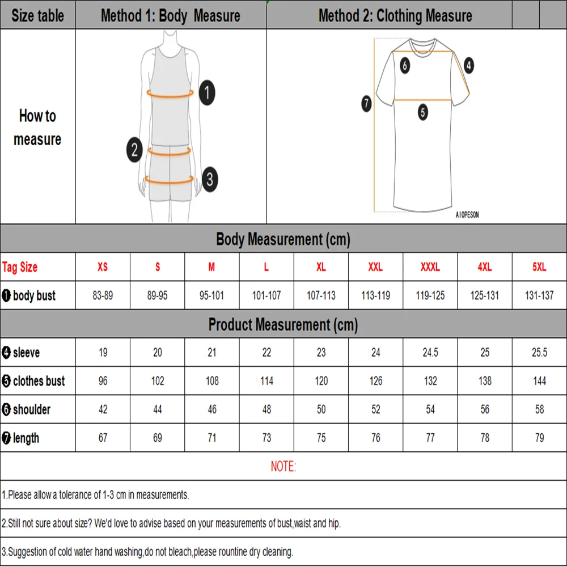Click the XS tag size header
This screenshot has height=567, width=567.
[103, 267]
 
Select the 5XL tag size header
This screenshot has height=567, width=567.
[539, 267]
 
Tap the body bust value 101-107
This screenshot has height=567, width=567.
[266, 295]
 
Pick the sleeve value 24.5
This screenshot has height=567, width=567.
[430, 353]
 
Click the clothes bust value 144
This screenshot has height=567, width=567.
[539, 381]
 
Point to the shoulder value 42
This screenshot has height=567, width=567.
[103, 409]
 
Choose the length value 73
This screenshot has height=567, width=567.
[266, 438]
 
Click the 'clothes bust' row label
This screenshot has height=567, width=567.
[34, 381]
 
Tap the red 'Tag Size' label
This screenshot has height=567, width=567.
[20, 267]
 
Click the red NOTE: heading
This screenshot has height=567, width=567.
[283, 467]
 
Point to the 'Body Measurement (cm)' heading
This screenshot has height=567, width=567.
[283, 239]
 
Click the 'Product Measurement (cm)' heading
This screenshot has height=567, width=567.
[283, 324]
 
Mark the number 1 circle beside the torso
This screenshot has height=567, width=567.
[208, 92]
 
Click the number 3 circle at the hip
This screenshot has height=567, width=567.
[209, 180]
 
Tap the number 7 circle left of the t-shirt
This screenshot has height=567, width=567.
[366, 104]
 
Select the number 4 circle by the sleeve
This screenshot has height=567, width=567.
[468, 65]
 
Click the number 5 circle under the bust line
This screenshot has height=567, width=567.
[423, 112]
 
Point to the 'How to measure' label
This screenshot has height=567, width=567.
[37, 128]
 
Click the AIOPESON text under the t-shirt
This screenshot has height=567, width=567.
[467, 215]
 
